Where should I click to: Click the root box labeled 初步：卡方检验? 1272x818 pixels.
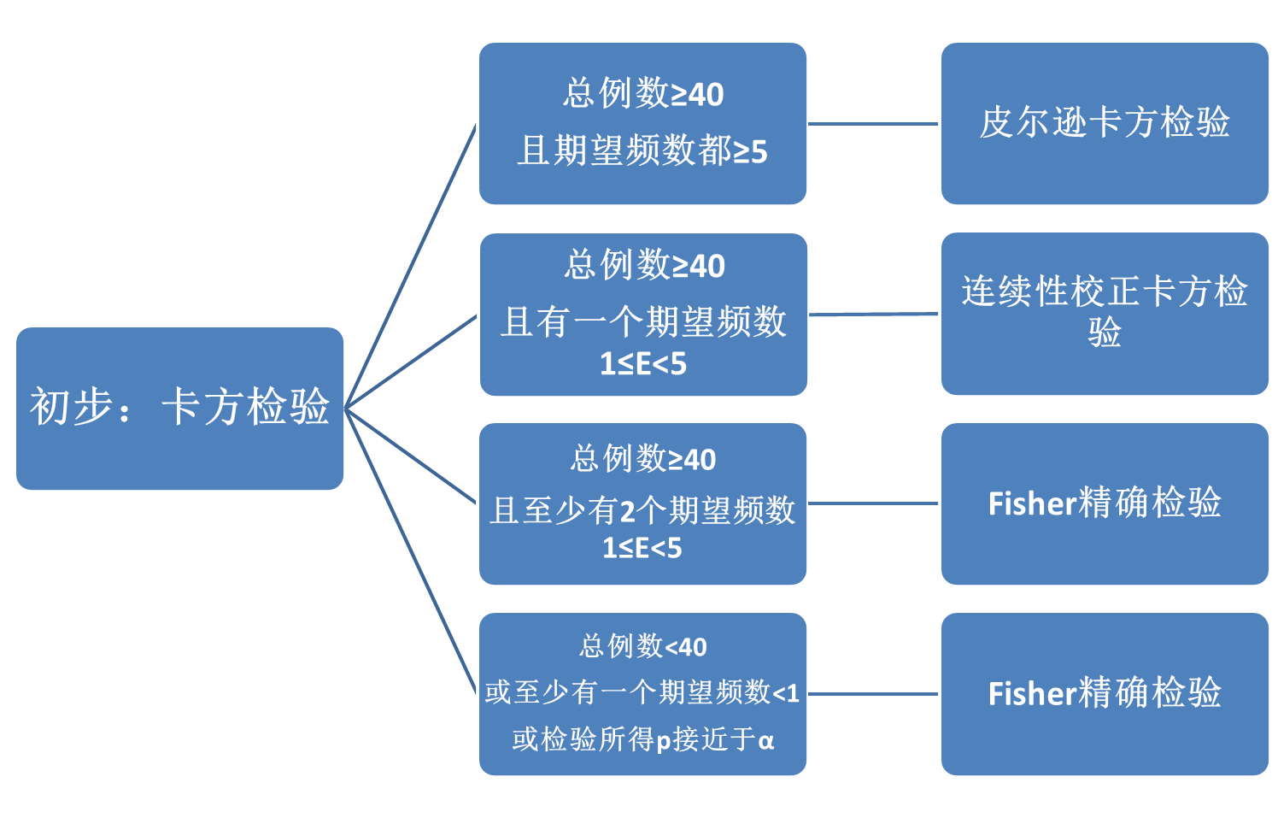pos(179,409)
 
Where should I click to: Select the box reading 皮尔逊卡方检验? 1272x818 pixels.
pos(1104,123)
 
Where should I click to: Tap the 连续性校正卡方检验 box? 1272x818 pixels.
pos(1104,313)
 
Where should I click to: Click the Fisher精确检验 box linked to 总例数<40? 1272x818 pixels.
pos(1104,693)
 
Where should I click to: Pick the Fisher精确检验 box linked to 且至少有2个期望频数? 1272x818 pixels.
pos(1104,503)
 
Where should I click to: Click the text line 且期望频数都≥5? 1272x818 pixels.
pos(642,151)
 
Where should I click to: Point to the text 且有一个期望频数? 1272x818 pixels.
pos(642,322)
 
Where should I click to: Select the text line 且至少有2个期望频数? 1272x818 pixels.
pos(642,510)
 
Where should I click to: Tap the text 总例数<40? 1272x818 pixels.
pos(642,646)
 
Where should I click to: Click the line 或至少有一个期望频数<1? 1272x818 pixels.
pos(642,692)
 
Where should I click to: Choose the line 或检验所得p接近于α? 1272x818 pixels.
pos(642,739)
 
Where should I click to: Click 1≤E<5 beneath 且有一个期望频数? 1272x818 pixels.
pos(642,365)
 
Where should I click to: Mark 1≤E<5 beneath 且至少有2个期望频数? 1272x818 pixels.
pos(642,548)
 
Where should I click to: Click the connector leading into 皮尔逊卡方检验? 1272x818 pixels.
pos(873,124)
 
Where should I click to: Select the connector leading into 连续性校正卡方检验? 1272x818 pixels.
pos(873,315)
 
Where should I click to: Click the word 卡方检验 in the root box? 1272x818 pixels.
pos(245,407)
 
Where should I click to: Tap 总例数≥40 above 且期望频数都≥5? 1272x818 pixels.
pos(642,94)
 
